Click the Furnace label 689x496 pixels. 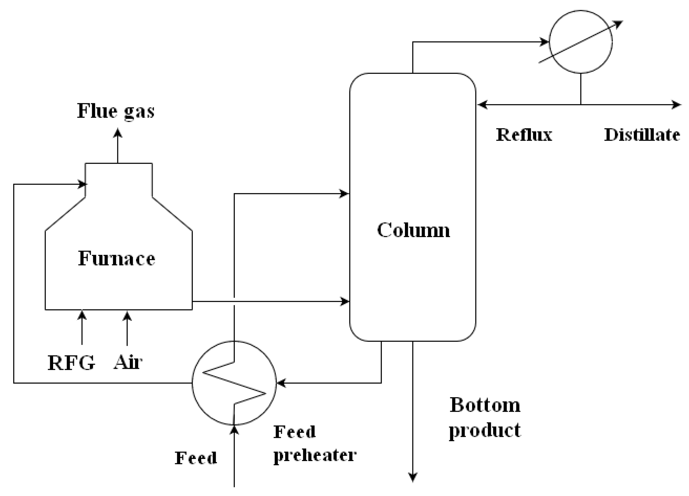[116, 258]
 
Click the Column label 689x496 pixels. [413, 230]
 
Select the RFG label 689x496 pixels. [71, 363]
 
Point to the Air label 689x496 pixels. [128, 362]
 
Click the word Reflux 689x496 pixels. [523, 135]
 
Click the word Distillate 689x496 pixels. [642, 135]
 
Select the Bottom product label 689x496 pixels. [485, 417]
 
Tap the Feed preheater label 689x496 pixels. [315, 444]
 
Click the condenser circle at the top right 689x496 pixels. [581, 42]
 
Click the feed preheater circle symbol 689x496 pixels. [234, 383]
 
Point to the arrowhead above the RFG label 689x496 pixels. [82, 315]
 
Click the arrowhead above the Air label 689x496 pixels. [127, 316]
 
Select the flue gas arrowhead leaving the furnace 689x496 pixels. [118, 133]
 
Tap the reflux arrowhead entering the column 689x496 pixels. [483, 105]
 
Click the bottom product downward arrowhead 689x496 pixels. [413, 477]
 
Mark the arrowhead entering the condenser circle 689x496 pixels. [544, 42]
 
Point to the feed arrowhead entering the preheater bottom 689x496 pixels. [234, 430]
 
